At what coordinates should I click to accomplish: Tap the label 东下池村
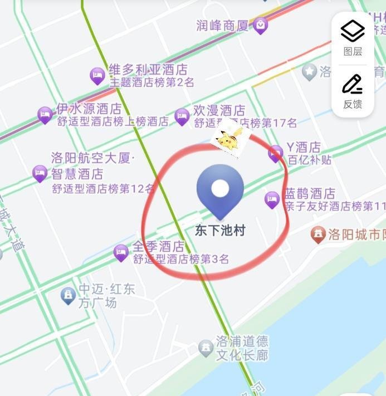[220, 230]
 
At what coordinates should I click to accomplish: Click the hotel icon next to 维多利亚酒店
[97, 75]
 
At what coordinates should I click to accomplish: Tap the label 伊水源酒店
[89, 109]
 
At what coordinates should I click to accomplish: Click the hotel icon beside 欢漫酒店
[182, 116]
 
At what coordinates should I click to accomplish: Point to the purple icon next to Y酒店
[275, 153]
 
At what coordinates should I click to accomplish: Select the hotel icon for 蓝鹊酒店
[272, 199]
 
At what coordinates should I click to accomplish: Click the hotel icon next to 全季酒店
[121, 252]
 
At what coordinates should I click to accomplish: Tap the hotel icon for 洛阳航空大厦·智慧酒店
[40, 173]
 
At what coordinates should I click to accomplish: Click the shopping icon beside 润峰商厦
[260, 25]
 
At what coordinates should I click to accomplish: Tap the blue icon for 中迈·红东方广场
[68, 295]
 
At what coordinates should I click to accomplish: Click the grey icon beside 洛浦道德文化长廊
[206, 348]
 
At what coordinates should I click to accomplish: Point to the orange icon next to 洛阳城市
[318, 234]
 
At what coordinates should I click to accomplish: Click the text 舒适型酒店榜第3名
[180, 259]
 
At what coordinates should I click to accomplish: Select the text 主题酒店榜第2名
[151, 82]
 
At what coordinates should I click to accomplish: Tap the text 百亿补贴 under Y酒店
[309, 160]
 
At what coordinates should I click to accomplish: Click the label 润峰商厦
[222, 26]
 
